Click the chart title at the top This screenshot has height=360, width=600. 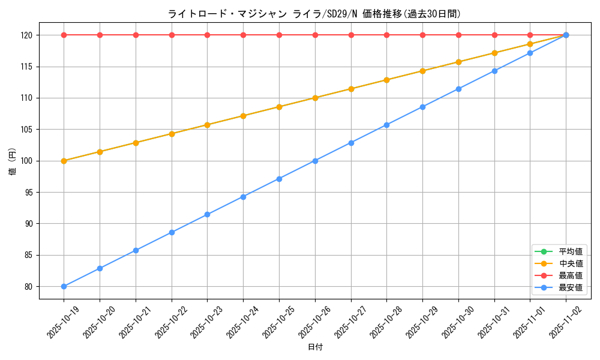pyautogui.click(x=314, y=14)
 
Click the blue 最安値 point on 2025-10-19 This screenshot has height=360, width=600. pyautogui.click(x=64, y=286)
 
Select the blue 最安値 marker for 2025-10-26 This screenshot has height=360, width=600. pyautogui.click(x=315, y=161)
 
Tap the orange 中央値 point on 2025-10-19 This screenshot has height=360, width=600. pyautogui.click(x=64, y=161)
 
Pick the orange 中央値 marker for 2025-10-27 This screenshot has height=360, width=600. pyautogui.click(x=351, y=89)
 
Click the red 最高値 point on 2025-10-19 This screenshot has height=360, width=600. pyautogui.click(x=64, y=35)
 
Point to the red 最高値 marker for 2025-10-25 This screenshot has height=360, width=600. pyautogui.click(x=279, y=35)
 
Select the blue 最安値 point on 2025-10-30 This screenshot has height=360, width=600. pyautogui.click(x=458, y=89)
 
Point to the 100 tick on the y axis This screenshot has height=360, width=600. pyautogui.click(x=27, y=161)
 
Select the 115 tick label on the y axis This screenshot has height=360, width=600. pyautogui.click(x=27, y=67)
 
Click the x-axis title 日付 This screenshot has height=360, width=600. pyautogui.click(x=314, y=347)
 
